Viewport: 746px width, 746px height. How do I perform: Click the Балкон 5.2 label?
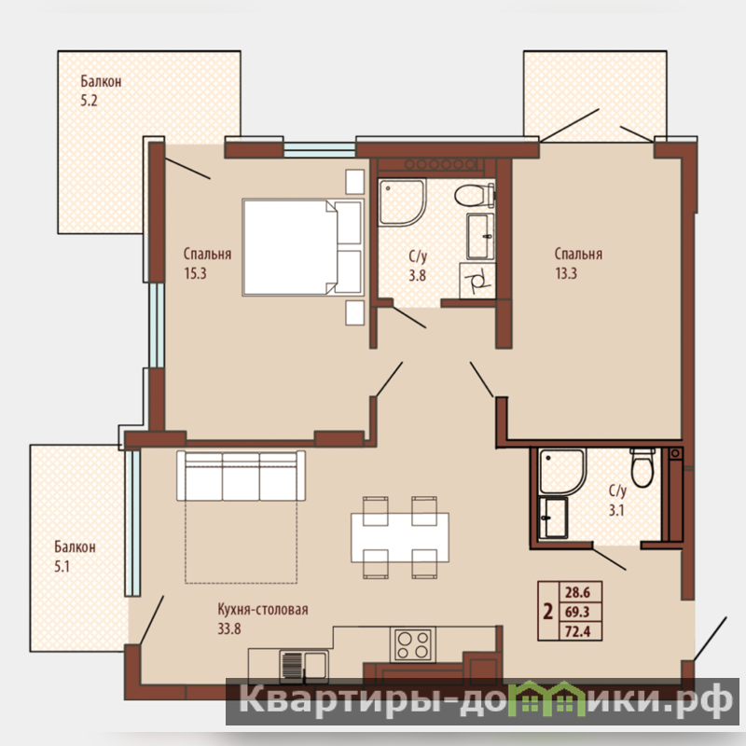click(101, 90)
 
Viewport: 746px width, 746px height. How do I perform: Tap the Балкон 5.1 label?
click(75, 556)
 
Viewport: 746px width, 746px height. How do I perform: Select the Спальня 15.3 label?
click(207, 263)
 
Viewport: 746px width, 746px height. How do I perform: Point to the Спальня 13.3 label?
click(578, 263)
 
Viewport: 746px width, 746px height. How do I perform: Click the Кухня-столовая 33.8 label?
click(263, 618)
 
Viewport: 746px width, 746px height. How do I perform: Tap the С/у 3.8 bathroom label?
click(418, 266)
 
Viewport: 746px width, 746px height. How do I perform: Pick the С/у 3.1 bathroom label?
click(617, 500)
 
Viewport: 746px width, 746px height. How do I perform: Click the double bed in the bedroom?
click(303, 247)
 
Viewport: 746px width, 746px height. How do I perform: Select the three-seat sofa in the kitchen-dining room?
click(241, 476)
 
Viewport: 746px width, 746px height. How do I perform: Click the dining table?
click(400, 538)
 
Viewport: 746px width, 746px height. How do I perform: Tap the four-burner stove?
click(412, 645)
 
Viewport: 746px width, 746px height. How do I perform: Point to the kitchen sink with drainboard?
click(304, 666)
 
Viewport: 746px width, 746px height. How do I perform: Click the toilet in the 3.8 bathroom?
click(475, 195)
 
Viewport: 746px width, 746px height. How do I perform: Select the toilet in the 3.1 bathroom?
click(642, 467)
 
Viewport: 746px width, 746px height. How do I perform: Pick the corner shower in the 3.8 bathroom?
click(402, 202)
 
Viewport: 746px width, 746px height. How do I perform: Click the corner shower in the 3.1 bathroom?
click(561, 472)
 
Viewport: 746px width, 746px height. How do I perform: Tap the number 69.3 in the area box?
click(577, 612)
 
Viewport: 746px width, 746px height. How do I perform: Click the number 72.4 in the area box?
click(577, 631)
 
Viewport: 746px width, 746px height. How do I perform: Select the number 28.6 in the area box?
click(577, 592)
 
